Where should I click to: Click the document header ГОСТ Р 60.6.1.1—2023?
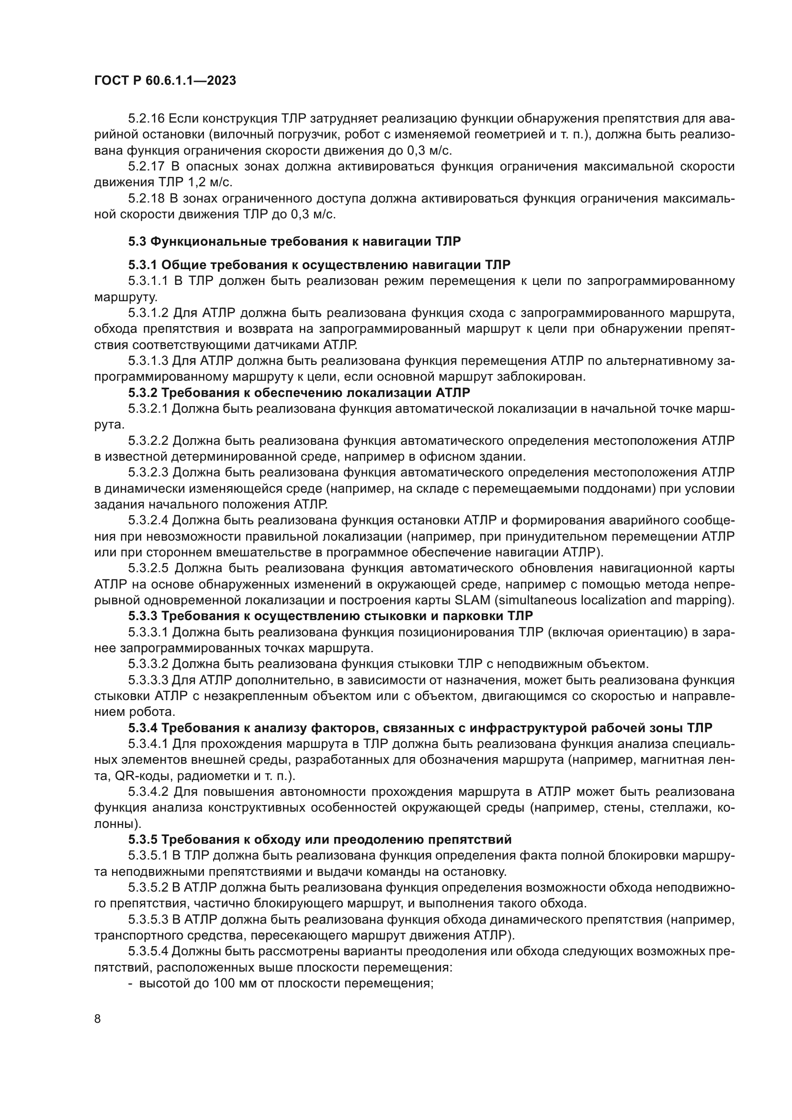tap(165, 81)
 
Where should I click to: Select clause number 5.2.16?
tap(147, 119)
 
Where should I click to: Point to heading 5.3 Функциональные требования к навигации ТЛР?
tap(294, 241)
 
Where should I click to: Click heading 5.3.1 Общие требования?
tap(319, 265)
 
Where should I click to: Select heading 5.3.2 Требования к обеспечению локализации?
tap(299, 393)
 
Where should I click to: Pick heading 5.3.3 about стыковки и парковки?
tap(330, 616)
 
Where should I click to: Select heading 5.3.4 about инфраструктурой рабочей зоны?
tap(420, 728)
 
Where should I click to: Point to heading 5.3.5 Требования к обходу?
tap(320, 839)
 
